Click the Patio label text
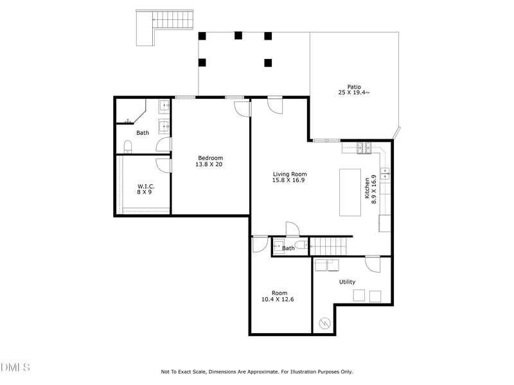(354, 87)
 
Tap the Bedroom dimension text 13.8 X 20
(210, 164)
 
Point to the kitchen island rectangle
(351, 192)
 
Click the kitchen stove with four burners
(365, 149)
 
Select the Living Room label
(290, 174)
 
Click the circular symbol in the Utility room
(325, 323)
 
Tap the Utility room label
(347, 282)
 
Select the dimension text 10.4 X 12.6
(278, 299)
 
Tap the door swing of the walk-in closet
(164, 165)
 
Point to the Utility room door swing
(373, 264)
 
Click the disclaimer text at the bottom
(256, 372)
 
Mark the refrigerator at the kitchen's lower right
(385, 223)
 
